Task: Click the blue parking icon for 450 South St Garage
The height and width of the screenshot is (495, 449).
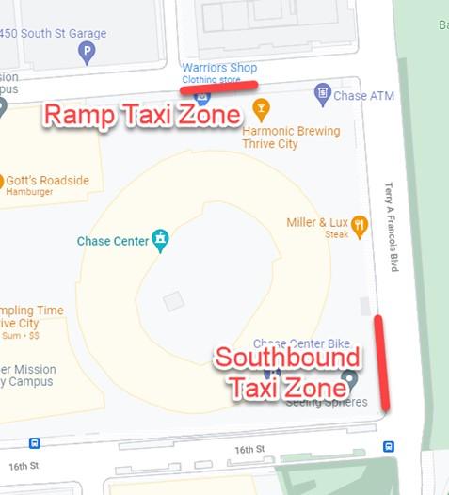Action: (87, 53)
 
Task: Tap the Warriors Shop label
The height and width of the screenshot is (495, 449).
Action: (219, 68)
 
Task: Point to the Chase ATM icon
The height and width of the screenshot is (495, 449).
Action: (323, 94)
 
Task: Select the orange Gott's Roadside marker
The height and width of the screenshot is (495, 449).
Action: (1, 180)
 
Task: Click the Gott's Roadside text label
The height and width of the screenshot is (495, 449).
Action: (47, 180)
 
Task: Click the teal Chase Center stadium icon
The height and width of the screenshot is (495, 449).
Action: (161, 240)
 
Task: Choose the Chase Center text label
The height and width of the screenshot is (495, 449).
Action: (113, 242)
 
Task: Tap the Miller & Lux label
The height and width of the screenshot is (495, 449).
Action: (316, 222)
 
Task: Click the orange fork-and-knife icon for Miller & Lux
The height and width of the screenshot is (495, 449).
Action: (360, 224)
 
